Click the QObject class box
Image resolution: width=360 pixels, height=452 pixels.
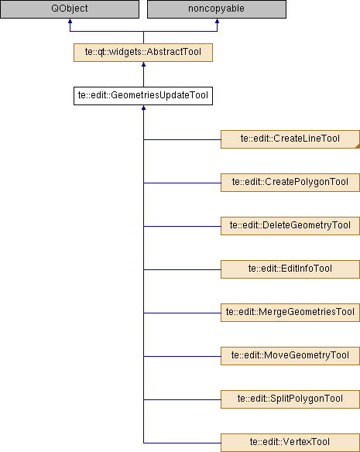pos(70,9)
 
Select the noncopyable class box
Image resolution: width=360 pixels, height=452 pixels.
pos(217,9)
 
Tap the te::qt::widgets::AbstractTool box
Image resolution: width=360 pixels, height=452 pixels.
pos(143,53)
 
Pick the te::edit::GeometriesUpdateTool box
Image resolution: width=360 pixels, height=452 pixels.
pos(143,96)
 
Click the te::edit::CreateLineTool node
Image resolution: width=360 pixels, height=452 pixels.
pos(290,139)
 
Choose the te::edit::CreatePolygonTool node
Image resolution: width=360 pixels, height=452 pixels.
pos(290,183)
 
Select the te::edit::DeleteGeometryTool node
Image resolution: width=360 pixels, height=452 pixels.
pos(290,226)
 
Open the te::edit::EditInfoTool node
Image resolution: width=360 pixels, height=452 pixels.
pos(290,269)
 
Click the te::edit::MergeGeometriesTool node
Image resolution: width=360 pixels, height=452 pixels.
pos(290,313)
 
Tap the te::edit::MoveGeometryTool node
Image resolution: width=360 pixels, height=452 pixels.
pos(290,356)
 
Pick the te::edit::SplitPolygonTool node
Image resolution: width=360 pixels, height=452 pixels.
pos(290,399)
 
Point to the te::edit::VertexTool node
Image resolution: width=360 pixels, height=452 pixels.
pos(290,443)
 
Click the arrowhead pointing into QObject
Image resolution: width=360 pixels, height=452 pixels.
pos(70,21)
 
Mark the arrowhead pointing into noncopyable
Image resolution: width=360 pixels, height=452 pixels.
pos(217,21)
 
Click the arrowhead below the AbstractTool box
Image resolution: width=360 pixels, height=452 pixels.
pos(143,64)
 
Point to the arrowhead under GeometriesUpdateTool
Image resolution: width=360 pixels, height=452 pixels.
pos(143,108)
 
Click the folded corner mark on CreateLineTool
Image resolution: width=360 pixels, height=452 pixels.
pos(358,146)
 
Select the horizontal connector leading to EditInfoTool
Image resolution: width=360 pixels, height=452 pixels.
pos(182,269)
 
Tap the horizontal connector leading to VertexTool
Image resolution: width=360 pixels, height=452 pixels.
pos(182,443)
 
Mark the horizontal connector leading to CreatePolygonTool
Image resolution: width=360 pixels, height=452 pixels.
pos(182,183)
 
